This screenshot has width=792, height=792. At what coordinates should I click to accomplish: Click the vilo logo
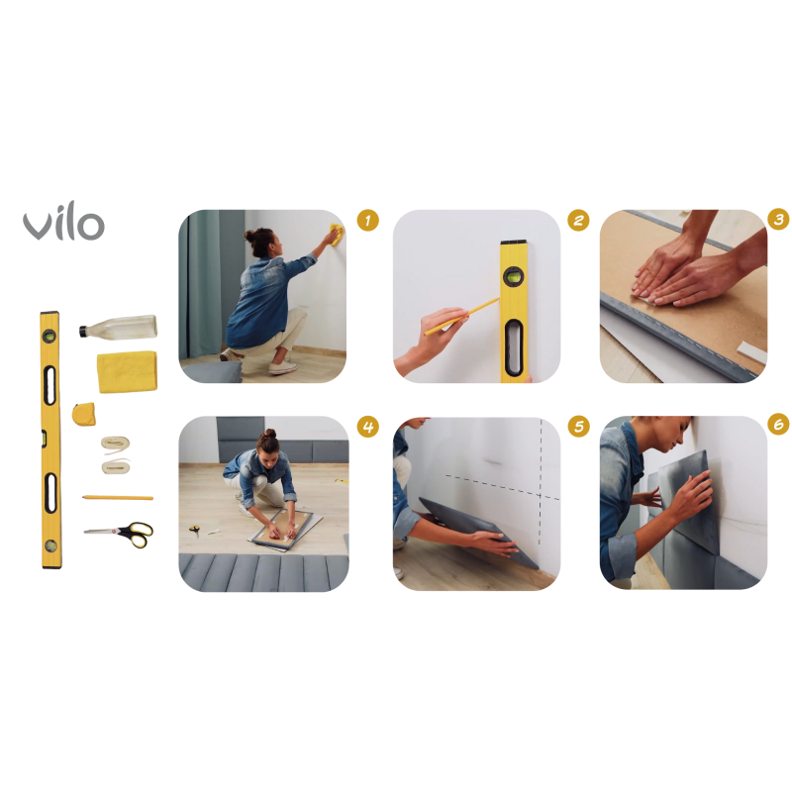tap(63, 224)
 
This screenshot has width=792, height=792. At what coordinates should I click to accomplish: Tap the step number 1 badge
tap(368, 220)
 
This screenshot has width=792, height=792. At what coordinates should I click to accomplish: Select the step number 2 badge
tap(579, 220)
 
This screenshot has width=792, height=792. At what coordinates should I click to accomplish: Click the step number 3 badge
tap(779, 220)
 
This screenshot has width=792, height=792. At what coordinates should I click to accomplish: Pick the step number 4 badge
tap(368, 427)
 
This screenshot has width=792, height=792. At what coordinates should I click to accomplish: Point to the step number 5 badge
tap(579, 427)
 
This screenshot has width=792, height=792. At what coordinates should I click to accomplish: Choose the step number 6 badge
tap(779, 425)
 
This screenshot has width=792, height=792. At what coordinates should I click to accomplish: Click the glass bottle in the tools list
tap(118, 328)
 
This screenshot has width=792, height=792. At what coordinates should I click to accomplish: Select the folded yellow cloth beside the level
tap(126, 372)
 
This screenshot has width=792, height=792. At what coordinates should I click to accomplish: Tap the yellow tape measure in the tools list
tap(85, 412)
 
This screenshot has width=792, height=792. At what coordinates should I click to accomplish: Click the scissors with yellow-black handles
tap(120, 534)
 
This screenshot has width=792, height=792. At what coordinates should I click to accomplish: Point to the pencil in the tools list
tap(118, 497)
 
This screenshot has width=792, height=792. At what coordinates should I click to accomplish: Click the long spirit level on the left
tap(49, 440)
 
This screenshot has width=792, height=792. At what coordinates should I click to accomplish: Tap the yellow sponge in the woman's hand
tap(337, 235)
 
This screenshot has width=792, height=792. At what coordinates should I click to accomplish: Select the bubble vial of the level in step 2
tap(514, 278)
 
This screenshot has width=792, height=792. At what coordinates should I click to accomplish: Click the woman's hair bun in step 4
tap(268, 436)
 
